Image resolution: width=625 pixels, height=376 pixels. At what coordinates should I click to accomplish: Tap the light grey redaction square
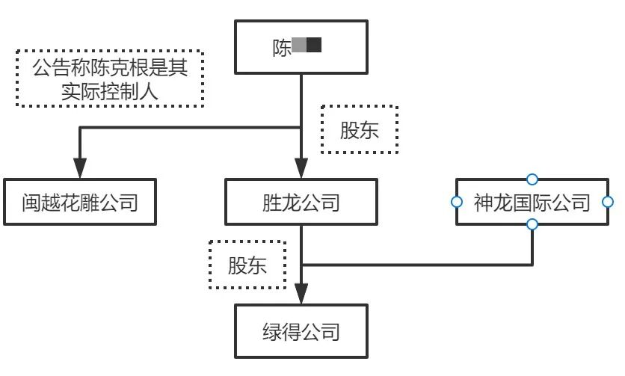point(299,46)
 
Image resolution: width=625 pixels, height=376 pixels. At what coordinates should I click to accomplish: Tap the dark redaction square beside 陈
point(314,46)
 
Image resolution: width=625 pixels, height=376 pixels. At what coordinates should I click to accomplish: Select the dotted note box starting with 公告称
point(111,78)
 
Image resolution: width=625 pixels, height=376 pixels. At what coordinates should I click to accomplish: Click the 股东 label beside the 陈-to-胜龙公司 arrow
point(359,130)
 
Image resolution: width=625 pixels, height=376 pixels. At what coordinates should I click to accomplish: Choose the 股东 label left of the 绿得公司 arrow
point(247,265)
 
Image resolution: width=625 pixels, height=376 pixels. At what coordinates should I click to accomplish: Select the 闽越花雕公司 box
point(79,202)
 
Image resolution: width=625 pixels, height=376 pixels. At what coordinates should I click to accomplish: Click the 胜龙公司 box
point(301,202)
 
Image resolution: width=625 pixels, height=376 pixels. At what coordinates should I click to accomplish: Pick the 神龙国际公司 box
point(532,202)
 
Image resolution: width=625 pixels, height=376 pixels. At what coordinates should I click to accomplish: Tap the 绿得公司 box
point(301,330)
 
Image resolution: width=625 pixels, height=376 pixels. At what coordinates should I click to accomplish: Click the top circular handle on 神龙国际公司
point(532,179)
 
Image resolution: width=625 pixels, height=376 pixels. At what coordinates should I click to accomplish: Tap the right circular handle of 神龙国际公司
point(608,202)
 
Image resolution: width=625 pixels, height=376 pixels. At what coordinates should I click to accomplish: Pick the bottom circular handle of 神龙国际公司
point(532,225)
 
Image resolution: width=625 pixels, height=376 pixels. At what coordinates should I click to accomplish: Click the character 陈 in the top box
point(282,47)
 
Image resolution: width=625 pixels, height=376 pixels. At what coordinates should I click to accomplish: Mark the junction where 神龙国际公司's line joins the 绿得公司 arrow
point(301,265)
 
